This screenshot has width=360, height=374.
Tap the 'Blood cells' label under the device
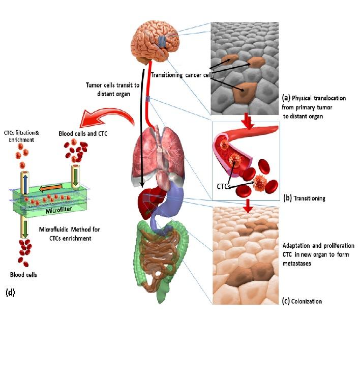(x=23, y=275)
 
